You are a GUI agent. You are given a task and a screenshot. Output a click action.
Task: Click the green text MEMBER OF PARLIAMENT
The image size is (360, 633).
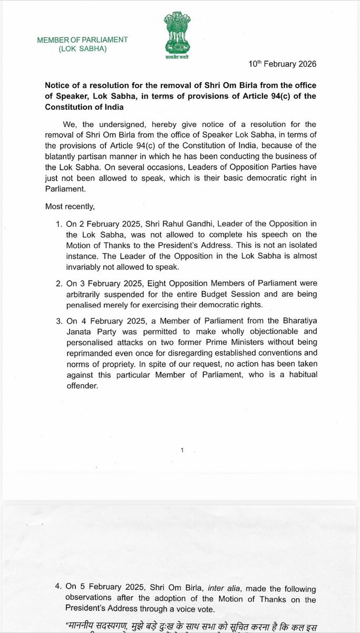tap(82, 40)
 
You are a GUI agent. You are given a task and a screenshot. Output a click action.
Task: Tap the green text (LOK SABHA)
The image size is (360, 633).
tap(82, 49)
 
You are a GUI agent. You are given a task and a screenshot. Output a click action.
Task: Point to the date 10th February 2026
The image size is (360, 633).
tap(283, 64)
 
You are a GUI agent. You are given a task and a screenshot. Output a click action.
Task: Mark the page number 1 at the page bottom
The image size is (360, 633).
tap(182, 449)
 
